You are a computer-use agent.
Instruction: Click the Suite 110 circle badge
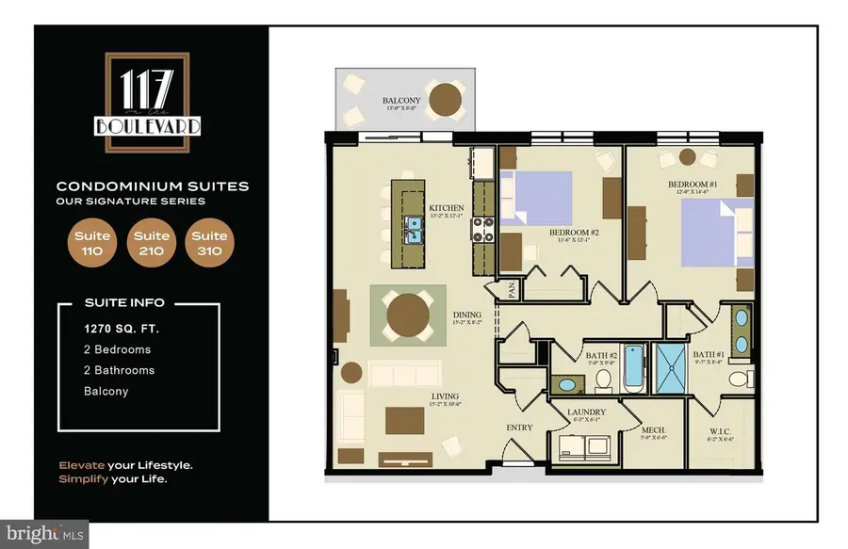(x=93, y=243)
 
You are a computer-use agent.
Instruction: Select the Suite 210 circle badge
(x=151, y=243)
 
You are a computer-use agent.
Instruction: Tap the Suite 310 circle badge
(x=208, y=243)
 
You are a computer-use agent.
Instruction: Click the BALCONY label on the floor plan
(x=400, y=100)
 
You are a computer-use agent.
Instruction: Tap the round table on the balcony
(x=445, y=97)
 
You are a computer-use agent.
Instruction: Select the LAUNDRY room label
(x=586, y=412)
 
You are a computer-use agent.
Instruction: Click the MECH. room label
(x=654, y=428)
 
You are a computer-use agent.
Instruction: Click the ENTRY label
(x=519, y=428)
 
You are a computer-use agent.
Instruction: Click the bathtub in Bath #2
(x=633, y=368)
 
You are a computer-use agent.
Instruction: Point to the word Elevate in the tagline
(x=80, y=465)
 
